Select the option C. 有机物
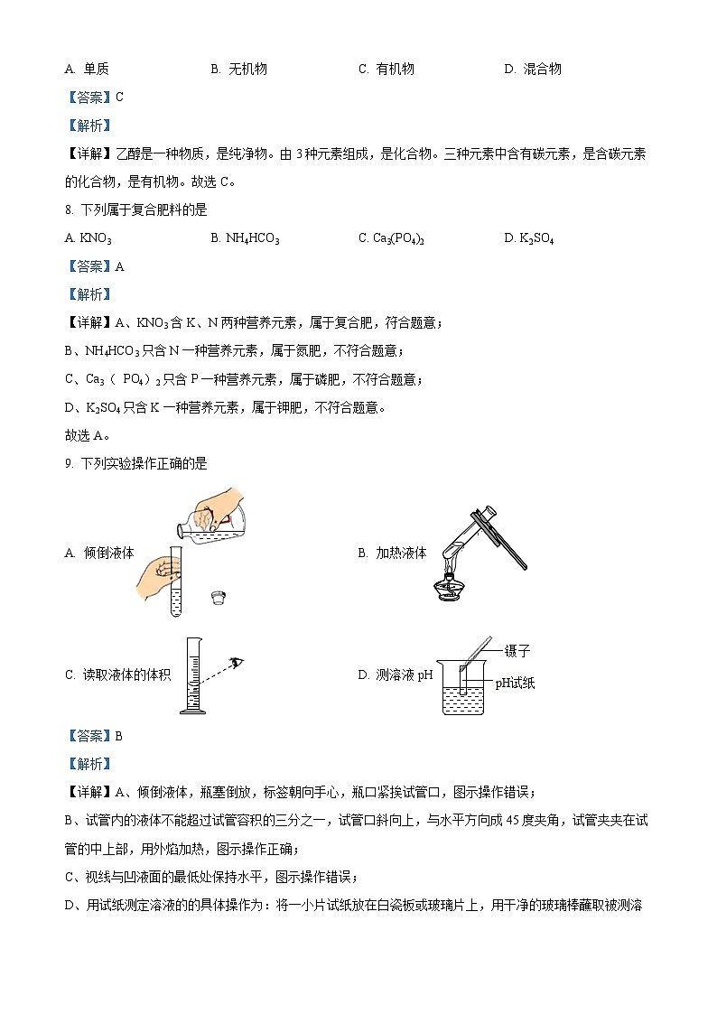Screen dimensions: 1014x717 pyautogui.click(x=386, y=69)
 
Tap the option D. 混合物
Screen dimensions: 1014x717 pyautogui.click(x=532, y=69)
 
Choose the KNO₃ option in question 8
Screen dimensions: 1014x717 pyautogui.click(x=88, y=238)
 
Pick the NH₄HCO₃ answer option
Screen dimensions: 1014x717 pyautogui.click(x=245, y=238)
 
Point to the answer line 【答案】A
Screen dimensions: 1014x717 pyautogui.click(x=95, y=266)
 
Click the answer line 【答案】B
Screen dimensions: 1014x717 pyautogui.click(x=95, y=736)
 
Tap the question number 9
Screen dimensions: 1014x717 pyautogui.click(x=69, y=463)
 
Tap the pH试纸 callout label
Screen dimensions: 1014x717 pyautogui.click(x=515, y=683)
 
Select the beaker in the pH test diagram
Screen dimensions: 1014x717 pyautogui.click(x=463, y=692)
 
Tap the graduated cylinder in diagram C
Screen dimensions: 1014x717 pyautogui.click(x=193, y=677)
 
